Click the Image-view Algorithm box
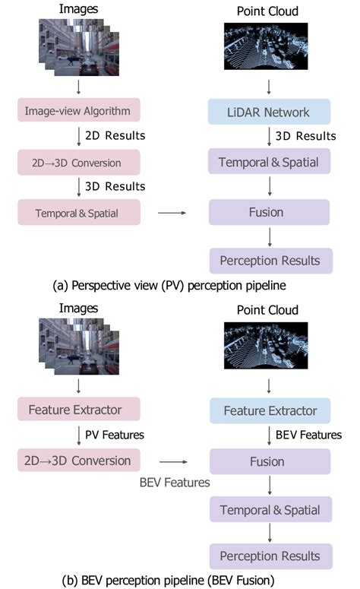[x=81, y=112]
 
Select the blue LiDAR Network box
[x=270, y=112]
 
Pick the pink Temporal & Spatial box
[x=81, y=212]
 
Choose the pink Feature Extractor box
[x=81, y=410]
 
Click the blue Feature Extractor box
[x=270, y=410]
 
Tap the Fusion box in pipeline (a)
[x=270, y=212]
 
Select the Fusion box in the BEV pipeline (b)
[x=270, y=461]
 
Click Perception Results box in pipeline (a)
[x=270, y=261]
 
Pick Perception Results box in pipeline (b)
[x=270, y=556]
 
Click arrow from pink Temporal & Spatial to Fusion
[x=173, y=214]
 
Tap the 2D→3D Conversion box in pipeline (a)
[x=81, y=162]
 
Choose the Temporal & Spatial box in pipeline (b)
[x=270, y=510]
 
